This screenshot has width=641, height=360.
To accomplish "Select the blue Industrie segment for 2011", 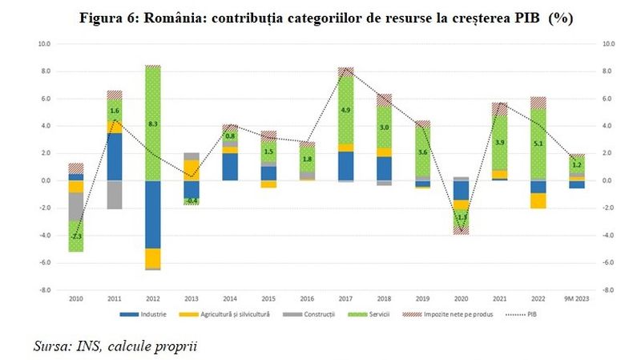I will (x=115, y=157).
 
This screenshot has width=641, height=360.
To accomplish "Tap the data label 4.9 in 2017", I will (x=345, y=111).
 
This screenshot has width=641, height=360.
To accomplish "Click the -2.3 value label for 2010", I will (x=76, y=237).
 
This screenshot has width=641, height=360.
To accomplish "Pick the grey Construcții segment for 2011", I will (x=115, y=195).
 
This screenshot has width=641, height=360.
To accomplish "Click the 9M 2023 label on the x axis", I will (x=575, y=299).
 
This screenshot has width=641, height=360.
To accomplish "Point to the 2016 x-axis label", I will (x=307, y=299).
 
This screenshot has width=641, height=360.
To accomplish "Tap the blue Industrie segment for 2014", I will (x=230, y=167).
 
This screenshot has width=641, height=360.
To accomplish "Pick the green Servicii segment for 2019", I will (x=422, y=152).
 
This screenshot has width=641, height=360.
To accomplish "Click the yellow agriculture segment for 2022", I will (x=538, y=200).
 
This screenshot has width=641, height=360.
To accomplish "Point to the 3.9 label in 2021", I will (x=499, y=143).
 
